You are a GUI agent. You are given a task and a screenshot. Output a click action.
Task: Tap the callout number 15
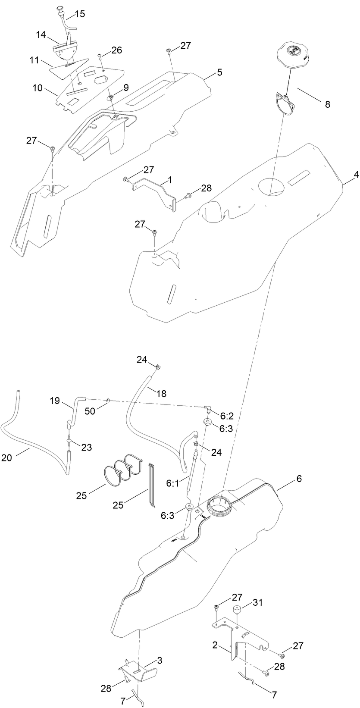pyautogui.click(x=80, y=14)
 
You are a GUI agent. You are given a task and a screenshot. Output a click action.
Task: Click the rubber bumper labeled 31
pyautogui.click(x=237, y=611)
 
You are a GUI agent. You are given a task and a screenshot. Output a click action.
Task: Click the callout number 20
pyautogui.click(x=6, y=458)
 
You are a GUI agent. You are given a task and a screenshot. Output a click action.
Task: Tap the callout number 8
pyautogui.click(x=328, y=104)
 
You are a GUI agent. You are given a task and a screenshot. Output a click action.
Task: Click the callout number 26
pyautogui.click(x=116, y=50)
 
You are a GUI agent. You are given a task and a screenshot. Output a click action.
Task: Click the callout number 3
pyautogui.click(x=160, y=660)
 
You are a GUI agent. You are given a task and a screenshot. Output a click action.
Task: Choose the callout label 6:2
pyautogui.click(x=227, y=416)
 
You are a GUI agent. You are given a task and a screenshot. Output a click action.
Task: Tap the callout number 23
pyautogui.click(x=87, y=448)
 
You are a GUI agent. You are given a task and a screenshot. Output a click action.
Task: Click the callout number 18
pyautogui.click(x=161, y=393)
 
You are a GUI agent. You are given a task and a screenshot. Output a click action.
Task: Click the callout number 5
pyautogui.click(x=219, y=72)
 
